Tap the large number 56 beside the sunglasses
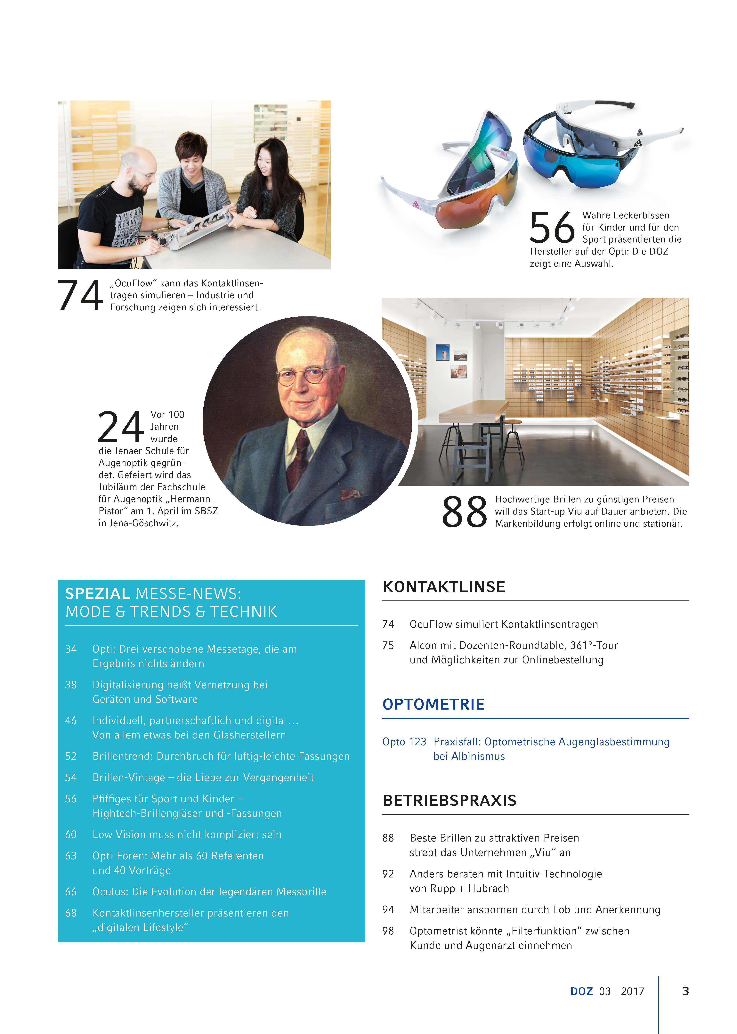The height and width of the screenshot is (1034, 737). point(552,228)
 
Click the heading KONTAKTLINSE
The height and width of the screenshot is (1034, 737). point(443,587)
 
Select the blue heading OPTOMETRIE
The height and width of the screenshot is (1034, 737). point(433,704)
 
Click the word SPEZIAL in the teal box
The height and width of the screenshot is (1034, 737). point(98,594)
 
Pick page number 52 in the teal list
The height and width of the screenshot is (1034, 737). point(71,756)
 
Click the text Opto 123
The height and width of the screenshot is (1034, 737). point(404,742)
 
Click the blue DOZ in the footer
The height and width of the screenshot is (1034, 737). point(581,991)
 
